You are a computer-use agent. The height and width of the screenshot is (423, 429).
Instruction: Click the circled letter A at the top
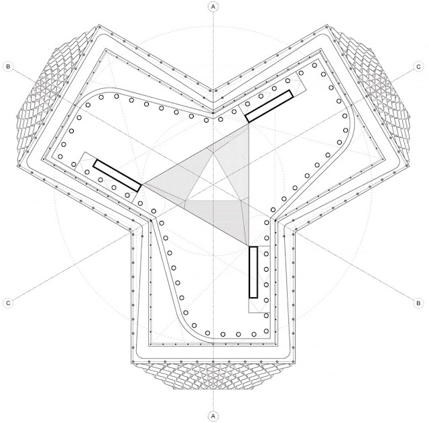(213, 7)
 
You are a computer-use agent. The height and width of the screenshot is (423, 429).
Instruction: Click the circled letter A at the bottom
(213, 416)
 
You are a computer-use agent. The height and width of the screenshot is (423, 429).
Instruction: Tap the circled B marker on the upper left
(8, 66)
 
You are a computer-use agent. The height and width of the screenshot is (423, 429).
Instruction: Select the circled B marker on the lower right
(418, 303)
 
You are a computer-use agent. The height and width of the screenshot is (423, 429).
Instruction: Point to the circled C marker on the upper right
(418, 66)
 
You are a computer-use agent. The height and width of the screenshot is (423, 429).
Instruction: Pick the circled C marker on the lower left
(8, 303)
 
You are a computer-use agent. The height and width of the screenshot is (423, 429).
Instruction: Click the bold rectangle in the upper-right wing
(269, 106)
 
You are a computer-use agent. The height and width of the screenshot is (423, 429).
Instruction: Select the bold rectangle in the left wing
(117, 175)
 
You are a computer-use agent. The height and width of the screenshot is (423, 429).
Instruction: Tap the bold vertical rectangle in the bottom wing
(253, 272)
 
